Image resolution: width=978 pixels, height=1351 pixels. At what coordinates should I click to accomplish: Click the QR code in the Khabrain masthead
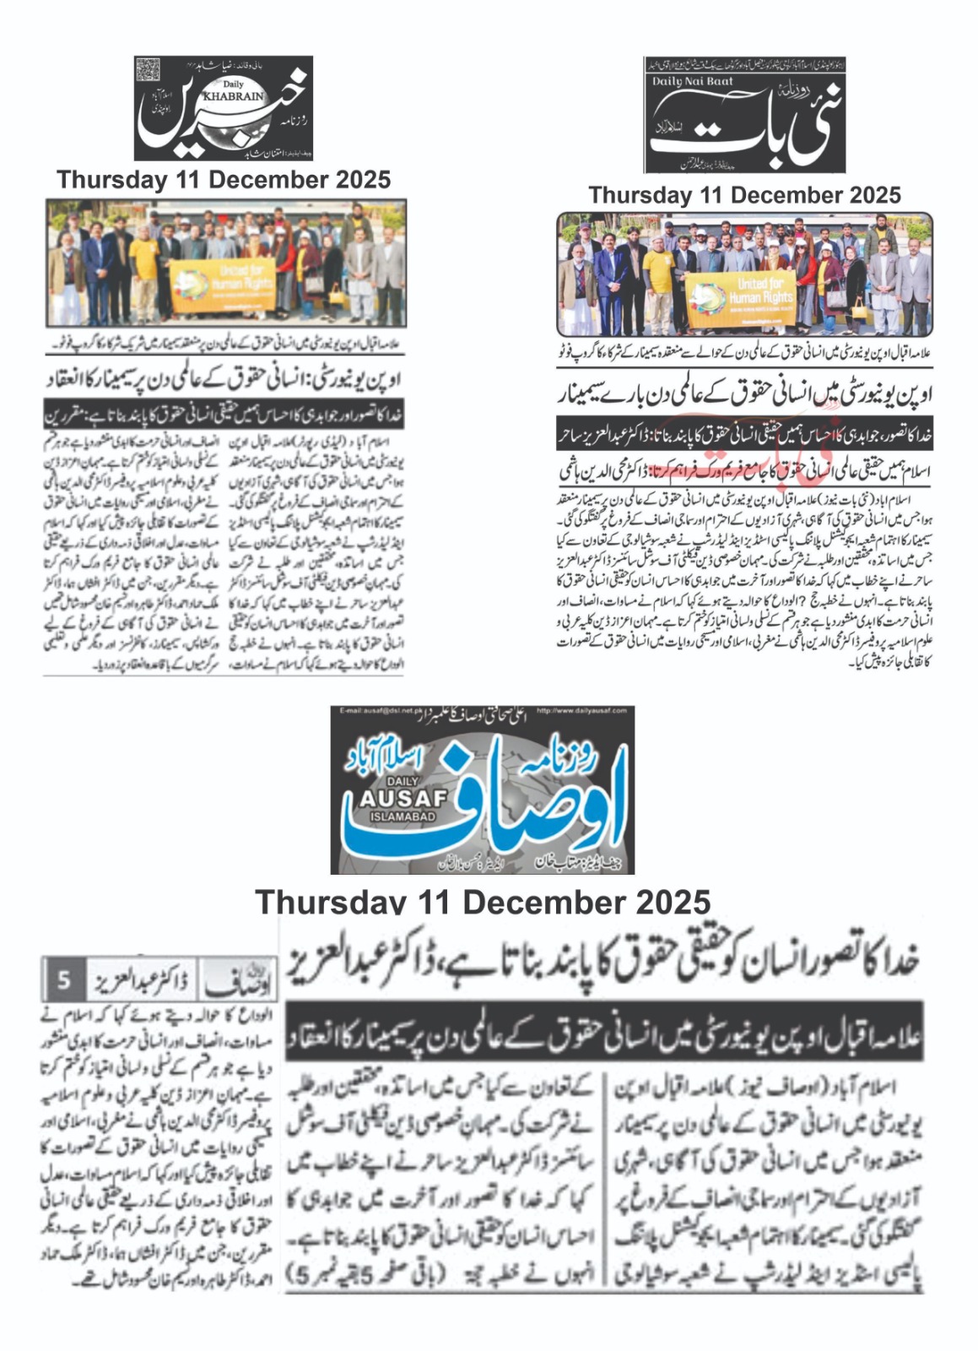pos(148,69)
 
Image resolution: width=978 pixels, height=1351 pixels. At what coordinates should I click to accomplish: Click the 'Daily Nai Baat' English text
pos(693,82)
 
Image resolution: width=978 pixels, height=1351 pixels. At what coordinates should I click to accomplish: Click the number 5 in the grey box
pos(64,981)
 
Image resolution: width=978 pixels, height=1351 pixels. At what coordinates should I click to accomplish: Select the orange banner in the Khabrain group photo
pos(222,285)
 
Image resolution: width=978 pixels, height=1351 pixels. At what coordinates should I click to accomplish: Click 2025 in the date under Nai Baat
pos(869,195)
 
